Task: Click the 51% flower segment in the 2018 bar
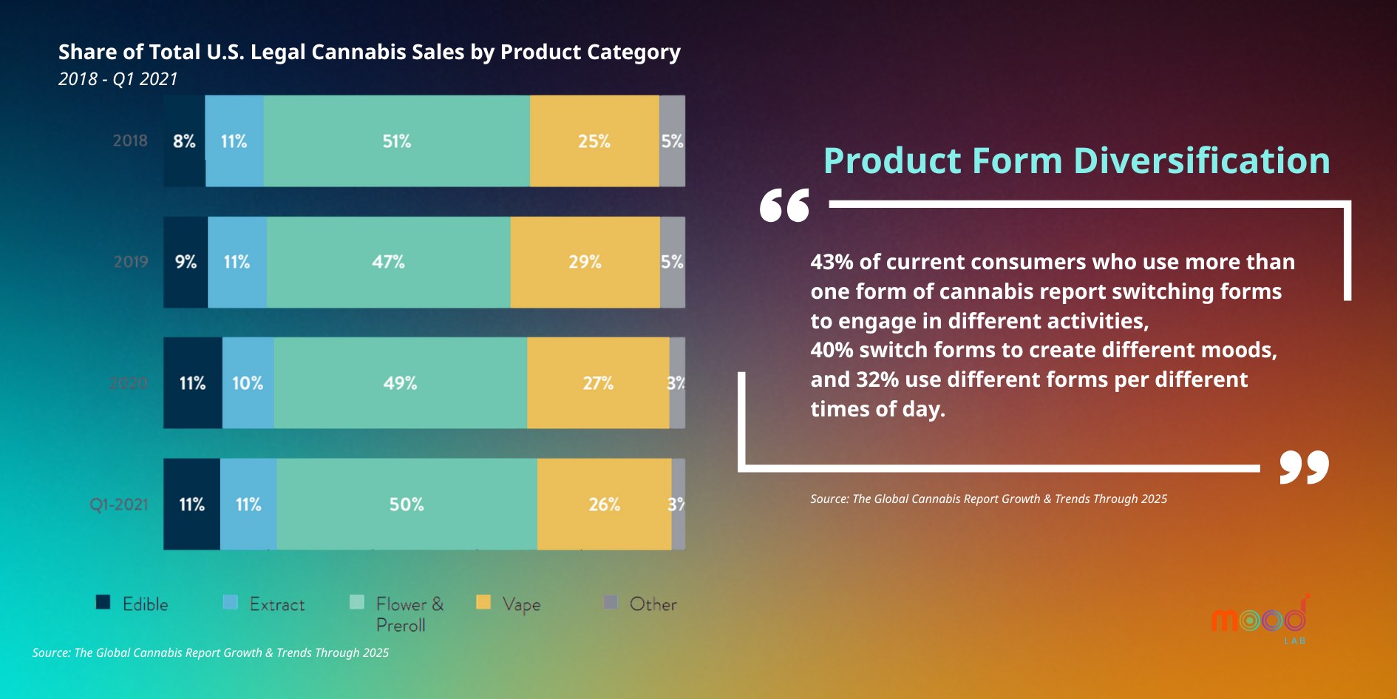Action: point(396,141)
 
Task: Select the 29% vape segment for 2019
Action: point(585,262)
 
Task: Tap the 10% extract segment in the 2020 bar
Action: point(248,383)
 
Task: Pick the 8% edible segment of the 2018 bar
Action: point(184,141)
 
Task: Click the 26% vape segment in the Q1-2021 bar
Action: point(604,504)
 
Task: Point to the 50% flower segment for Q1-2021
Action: point(407,504)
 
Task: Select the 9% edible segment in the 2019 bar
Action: point(186,262)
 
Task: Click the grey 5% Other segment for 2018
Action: point(672,141)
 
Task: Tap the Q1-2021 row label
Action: point(119,504)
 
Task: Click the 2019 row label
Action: point(131,262)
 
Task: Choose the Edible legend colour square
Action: point(103,602)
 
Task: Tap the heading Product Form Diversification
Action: point(1076,161)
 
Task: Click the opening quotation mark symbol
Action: point(784,205)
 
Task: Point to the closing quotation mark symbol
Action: point(1304,466)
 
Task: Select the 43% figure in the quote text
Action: point(832,262)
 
